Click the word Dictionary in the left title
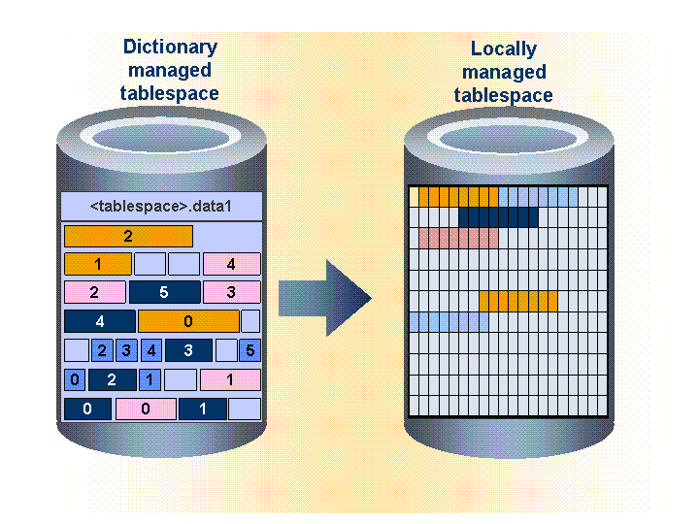(x=170, y=47)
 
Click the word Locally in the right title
(x=503, y=49)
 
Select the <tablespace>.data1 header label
(x=162, y=206)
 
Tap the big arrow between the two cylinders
(x=326, y=298)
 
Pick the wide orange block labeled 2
(x=128, y=236)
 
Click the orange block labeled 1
(x=98, y=264)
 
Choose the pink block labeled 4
(x=231, y=264)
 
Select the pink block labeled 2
(x=94, y=292)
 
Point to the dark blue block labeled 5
(x=165, y=292)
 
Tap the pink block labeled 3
(x=231, y=292)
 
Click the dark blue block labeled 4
(x=99, y=321)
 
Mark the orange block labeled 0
(x=188, y=321)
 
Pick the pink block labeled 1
(x=230, y=379)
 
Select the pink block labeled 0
(x=146, y=409)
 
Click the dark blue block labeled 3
(x=188, y=350)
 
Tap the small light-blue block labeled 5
(x=250, y=350)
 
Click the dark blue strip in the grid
(x=498, y=217)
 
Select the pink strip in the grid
(x=458, y=238)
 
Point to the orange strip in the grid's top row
(x=458, y=197)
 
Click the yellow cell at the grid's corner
(x=414, y=197)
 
